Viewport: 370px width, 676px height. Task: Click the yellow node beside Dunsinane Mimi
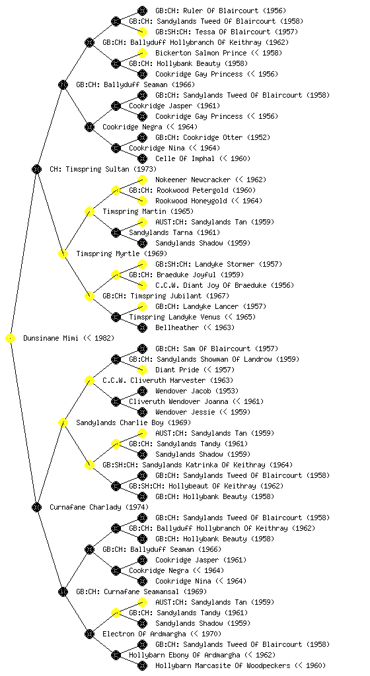[11, 339]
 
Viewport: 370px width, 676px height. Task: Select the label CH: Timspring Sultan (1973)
[103, 169]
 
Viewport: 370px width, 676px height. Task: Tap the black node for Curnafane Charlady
[36, 508]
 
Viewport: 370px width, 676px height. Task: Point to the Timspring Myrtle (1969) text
[122, 253]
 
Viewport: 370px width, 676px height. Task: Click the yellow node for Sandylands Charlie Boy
[63, 423]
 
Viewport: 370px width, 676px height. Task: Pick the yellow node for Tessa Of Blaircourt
[142, 32]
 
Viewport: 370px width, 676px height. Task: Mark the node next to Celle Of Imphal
[142, 158]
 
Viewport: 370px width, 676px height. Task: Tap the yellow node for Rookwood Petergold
[116, 190]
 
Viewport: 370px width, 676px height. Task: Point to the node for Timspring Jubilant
[89, 296]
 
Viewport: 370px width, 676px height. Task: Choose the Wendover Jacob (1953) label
[197, 391]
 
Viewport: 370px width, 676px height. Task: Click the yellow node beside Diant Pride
[142, 370]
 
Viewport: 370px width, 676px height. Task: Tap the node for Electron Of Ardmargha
[89, 634]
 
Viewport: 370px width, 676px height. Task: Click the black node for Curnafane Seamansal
[63, 592]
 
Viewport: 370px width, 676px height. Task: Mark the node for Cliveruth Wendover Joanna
[116, 402]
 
